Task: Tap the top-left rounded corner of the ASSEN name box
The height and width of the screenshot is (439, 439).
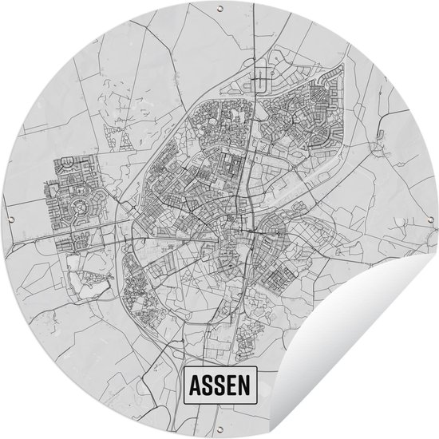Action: (184, 371)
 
